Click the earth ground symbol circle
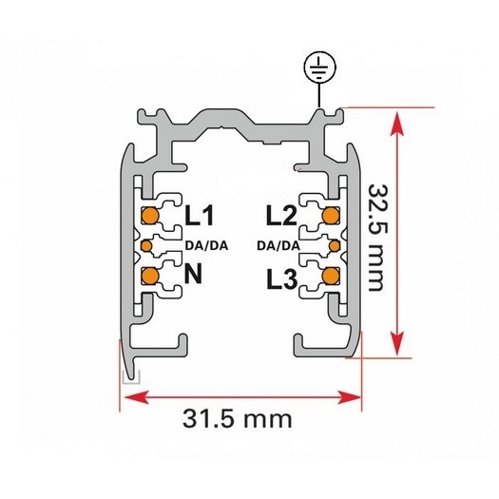click(x=319, y=68)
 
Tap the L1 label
click(x=200, y=216)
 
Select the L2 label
click(x=281, y=216)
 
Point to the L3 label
click(x=282, y=279)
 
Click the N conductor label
click(x=193, y=274)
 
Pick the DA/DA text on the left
click(x=207, y=245)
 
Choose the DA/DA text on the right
click(x=278, y=245)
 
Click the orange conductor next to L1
click(x=150, y=216)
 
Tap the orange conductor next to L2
click(x=331, y=216)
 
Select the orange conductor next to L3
click(x=331, y=276)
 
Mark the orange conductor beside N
click(x=150, y=276)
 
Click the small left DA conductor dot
click(x=146, y=245)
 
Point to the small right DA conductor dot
click(x=335, y=245)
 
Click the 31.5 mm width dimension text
click(x=238, y=419)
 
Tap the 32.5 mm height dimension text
click(x=375, y=238)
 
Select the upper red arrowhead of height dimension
click(x=397, y=124)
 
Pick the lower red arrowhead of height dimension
click(x=397, y=343)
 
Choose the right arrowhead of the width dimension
click(x=349, y=397)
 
